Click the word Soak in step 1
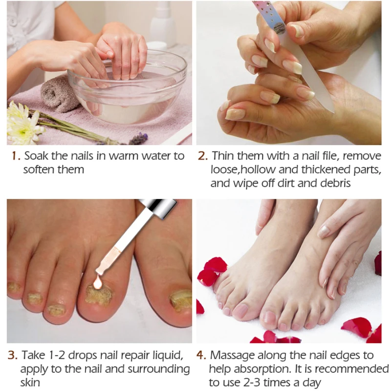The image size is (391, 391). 36,156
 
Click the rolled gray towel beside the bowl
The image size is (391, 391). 58,93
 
